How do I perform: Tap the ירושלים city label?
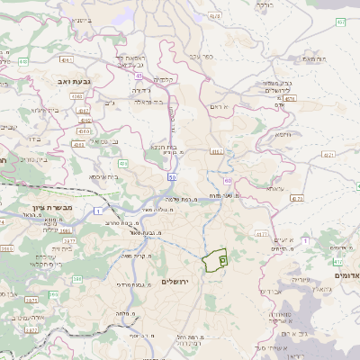(x=180, y=281)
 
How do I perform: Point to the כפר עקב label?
(x=201, y=57)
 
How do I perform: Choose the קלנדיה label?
(x=163, y=79)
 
